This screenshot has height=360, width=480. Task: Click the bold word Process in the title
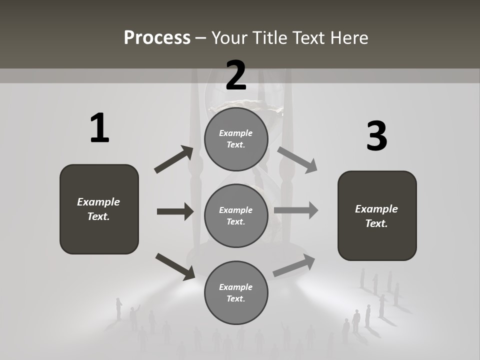coord(157,38)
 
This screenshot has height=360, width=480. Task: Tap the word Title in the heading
coord(270,38)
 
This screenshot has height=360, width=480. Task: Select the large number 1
coord(99,128)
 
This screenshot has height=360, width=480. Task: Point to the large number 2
coord(236,75)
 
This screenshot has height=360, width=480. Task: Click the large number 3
coord(376,136)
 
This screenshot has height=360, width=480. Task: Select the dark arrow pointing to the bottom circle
coord(175,266)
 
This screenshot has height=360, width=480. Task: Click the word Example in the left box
coord(98,202)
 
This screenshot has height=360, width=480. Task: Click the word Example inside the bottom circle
coord(236,287)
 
